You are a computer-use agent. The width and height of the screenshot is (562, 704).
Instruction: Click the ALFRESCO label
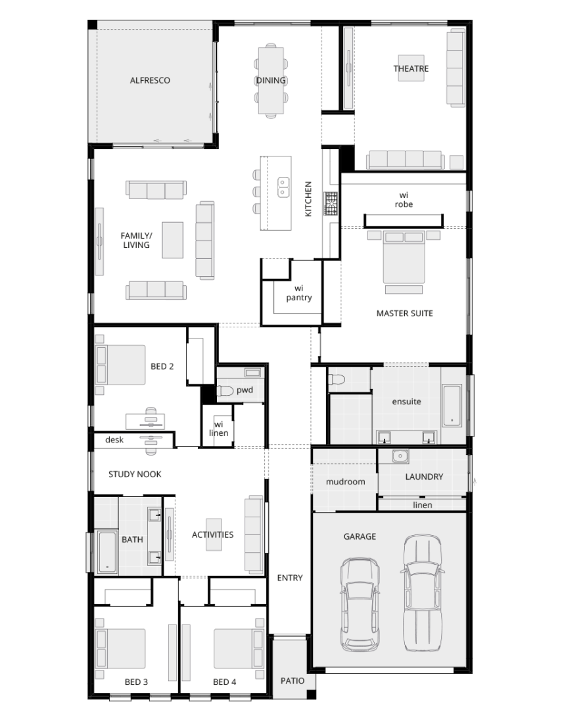(x=150, y=80)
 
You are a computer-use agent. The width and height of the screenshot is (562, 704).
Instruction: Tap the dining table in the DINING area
(x=271, y=80)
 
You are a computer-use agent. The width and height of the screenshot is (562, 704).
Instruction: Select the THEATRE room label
(x=411, y=69)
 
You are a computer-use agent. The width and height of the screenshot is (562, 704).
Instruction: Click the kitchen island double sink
(x=283, y=187)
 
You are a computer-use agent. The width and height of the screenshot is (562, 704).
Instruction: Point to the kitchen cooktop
(x=331, y=203)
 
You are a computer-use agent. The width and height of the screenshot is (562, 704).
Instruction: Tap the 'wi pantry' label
(x=299, y=293)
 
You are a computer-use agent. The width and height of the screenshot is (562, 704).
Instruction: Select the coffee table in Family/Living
(x=172, y=240)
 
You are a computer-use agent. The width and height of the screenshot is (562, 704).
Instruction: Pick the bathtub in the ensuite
(x=452, y=405)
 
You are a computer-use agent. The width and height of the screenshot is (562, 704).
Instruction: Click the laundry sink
(x=400, y=456)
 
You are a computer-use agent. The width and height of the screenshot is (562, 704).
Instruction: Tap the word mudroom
(x=345, y=482)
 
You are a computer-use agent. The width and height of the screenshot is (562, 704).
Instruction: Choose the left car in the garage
(x=360, y=604)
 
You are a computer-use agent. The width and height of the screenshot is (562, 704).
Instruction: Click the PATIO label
(x=293, y=680)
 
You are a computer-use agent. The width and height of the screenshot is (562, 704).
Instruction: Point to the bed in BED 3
(x=120, y=649)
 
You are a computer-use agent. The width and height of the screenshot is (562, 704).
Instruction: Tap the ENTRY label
(x=289, y=578)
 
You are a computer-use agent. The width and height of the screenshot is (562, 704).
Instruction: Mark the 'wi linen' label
(x=219, y=429)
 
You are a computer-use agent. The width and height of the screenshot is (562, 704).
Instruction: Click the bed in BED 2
(x=120, y=365)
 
